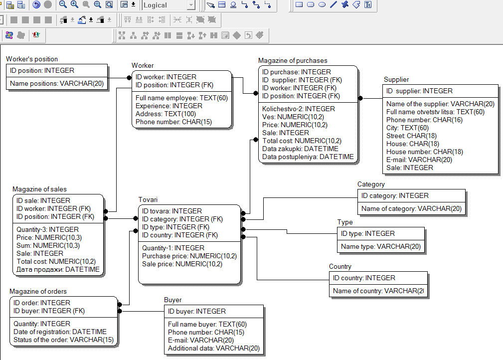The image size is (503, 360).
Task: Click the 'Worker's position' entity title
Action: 32,59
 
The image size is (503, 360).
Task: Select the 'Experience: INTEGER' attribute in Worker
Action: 168,106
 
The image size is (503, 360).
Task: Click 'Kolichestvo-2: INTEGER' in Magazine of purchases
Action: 298,109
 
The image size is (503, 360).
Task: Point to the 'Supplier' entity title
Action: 396,80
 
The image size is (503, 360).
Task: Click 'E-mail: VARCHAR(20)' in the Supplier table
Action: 419,160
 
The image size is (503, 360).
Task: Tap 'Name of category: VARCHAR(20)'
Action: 411,208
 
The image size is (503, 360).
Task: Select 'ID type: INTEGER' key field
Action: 367,233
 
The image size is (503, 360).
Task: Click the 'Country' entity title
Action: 340,267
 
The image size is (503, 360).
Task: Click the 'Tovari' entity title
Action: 148,199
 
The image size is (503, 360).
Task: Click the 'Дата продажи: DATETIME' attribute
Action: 58,270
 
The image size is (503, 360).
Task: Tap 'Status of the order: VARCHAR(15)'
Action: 63,340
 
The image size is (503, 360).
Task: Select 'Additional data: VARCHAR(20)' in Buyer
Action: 214,348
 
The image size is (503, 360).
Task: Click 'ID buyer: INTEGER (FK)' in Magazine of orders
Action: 49,311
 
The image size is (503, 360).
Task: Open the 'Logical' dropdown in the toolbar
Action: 191,5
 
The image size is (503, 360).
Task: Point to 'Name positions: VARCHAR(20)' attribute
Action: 57,83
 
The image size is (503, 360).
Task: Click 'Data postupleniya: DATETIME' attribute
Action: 308,157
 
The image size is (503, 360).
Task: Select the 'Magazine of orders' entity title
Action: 38,291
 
